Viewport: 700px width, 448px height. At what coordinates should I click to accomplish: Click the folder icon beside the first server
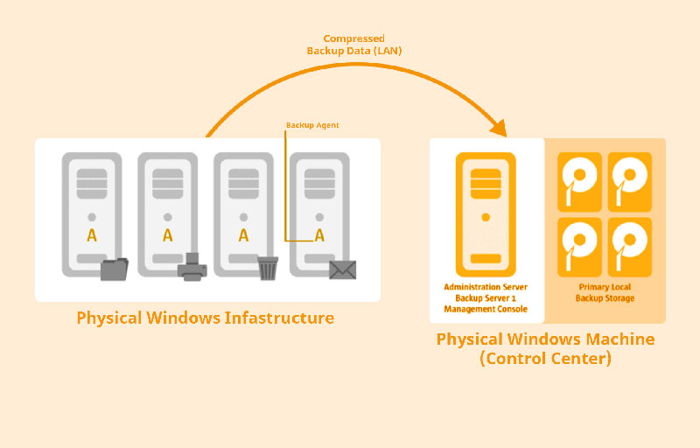[114, 269]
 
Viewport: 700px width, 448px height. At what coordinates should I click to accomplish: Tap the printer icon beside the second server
[192, 268]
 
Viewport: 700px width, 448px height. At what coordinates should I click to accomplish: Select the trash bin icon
[268, 268]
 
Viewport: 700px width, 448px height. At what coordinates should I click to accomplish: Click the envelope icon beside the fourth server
[342, 269]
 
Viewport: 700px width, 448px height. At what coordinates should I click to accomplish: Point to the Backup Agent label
[312, 125]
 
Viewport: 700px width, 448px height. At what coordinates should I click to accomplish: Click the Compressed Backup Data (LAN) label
[353, 45]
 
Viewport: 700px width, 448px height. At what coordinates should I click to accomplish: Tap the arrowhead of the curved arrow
[499, 129]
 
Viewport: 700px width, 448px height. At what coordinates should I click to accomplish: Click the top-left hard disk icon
[579, 181]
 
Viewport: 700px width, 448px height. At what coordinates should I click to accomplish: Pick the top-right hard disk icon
[630, 181]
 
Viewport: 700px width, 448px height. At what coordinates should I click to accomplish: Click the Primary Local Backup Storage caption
[605, 292]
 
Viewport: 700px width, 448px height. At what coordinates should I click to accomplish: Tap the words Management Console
[486, 309]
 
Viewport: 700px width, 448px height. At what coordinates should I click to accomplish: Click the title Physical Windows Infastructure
[206, 318]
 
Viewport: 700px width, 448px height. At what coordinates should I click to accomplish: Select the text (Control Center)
[545, 358]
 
